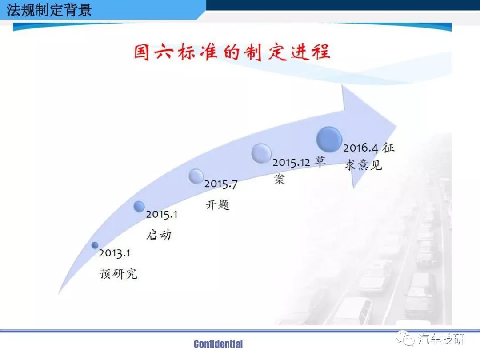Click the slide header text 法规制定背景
[x=49, y=10]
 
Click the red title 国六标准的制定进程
[x=232, y=52]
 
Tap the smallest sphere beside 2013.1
[x=95, y=245]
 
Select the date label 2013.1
[x=115, y=253]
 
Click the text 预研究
[x=119, y=273]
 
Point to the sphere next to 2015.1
[x=139, y=206]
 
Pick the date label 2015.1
[x=162, y=214]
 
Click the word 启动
[x=159, y=235]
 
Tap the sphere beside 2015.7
[x=196, y=176]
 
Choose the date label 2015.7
[x=221, y=184]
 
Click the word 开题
[x=218, y=205]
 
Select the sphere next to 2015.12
[x=261, y=153]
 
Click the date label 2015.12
[x=292, y=162]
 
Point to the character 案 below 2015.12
[x=279, y=179]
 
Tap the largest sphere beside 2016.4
[x=329, y=139]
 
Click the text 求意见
[x=364, y=165]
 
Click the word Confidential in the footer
[x=218, y=344]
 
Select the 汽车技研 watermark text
[x=441, y=339]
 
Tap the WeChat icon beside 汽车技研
[x=405, y=338]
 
